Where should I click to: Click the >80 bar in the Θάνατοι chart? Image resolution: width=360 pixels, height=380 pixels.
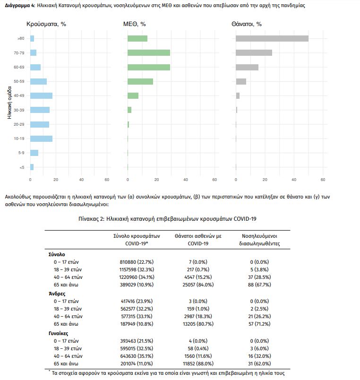(x=272, y=39)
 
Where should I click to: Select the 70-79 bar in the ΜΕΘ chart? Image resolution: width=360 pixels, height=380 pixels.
(x=149, y=53)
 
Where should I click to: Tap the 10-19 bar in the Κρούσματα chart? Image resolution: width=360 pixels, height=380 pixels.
(x=41, y=138)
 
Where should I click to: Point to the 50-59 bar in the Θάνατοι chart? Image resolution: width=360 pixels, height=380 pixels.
(x=241, y=81)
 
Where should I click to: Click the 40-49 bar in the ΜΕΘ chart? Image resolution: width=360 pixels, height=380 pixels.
(x=133, y=95)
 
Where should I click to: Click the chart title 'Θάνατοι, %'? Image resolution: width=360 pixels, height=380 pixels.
(x=247, y=24)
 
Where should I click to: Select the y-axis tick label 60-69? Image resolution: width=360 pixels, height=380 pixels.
(x=19, y=67)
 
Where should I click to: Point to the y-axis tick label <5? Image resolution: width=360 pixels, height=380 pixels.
(x=21, y=167)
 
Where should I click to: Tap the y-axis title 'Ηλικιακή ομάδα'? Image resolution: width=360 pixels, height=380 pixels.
(x=9, y=103)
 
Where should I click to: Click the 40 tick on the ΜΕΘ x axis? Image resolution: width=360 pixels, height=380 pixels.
(x=185, y=180)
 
